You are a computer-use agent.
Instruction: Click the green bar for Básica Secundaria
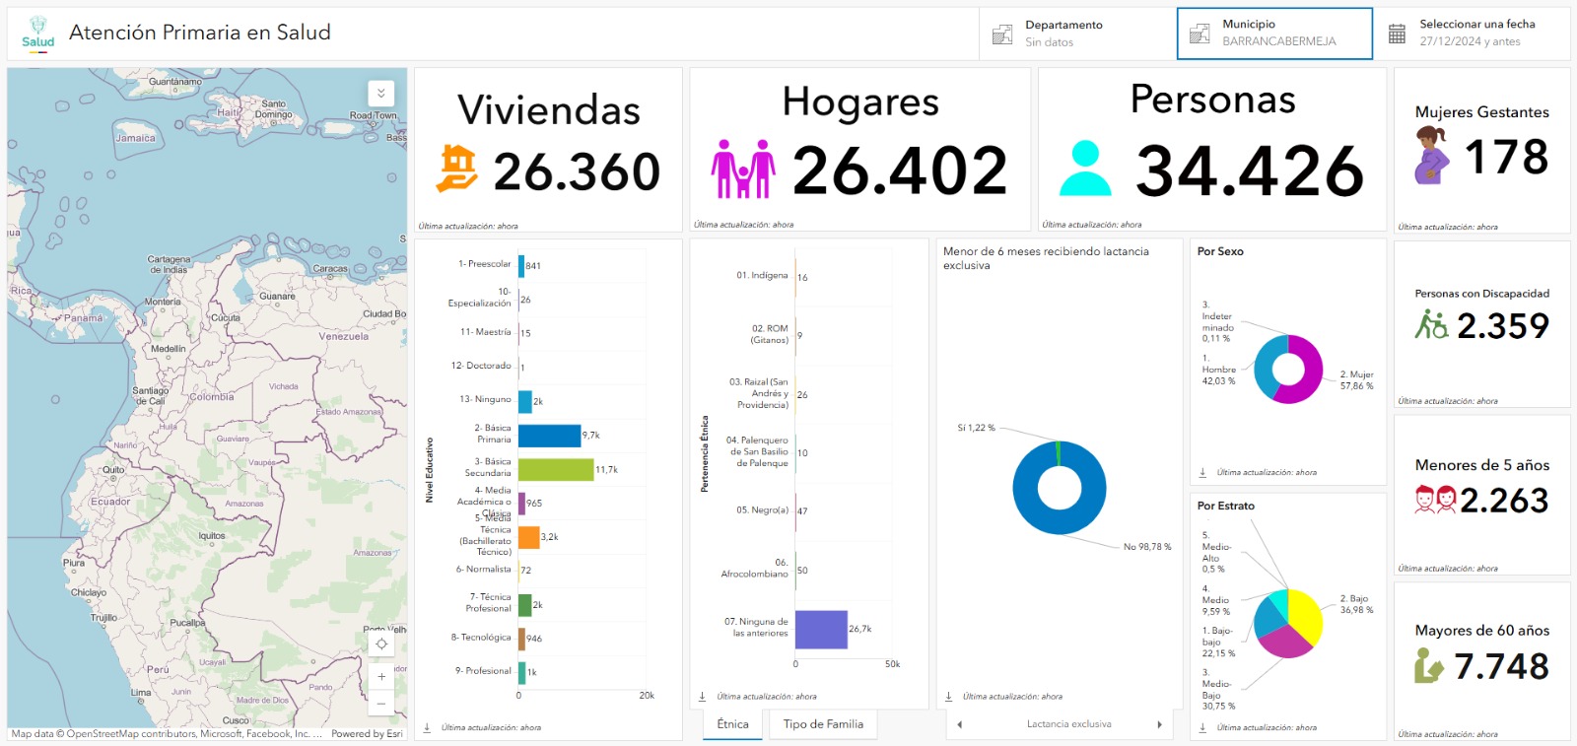pyautogui.click(x=556, y=469)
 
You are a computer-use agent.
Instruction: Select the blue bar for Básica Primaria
pyautogui.click(x=549, y=436)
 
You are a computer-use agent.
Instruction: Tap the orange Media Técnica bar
pyautogui.click(x=528, y=537)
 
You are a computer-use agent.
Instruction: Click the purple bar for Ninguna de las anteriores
pyautogui.click(x=820, y=629)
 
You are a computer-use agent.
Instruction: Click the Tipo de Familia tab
pyautogui.click(x=823, y=724)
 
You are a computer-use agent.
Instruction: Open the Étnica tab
pyautogui.click(x=732, y=724)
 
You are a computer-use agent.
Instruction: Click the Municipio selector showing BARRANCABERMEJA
pyautogui.click(x=1274, y=34)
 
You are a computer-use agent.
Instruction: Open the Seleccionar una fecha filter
pyautogui.click(x=1475, y=34)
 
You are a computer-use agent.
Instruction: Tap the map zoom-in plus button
pyautogui.click(x=381, y=677)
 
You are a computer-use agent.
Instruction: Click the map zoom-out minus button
pyautogui.click(x=381, y=704)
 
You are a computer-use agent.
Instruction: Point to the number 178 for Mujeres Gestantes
pyautogui.click(x=1506, y=158)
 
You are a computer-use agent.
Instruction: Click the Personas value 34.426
pyautogui.click(x=1250, y=170)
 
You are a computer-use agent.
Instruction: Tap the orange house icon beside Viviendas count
pyautogui.click(x=457, y=169)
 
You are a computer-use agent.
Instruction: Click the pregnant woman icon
pyautogui.click(x=1431, y=156)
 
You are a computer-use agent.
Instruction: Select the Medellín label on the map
pyautogui.click(x=169, y=349)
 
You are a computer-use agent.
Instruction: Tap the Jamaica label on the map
pyautogui.click(x=135, y=138)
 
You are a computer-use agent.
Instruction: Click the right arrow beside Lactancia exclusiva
pyautogui.click(x=1159, y=724)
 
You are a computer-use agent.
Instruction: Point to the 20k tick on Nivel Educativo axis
pyautogui.click(x=647, y=696)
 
